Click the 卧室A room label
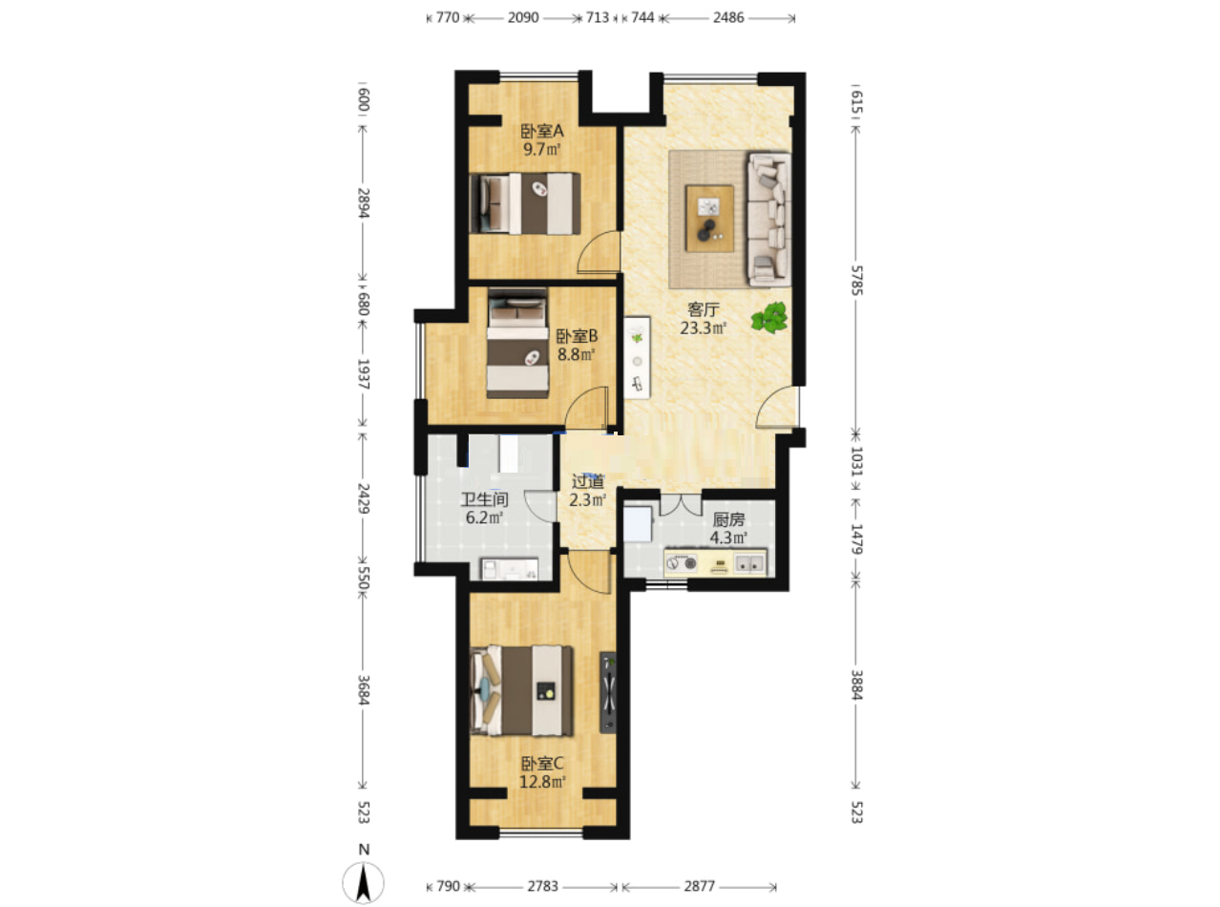point(542,132)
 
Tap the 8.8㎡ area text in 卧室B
point(576,354)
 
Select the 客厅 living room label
point(703,310)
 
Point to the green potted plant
point(769,318)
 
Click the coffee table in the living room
point(709,219)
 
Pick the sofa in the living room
point(769,220)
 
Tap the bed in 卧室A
point(525,203)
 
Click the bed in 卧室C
point(522,690)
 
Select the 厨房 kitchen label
point(728,519)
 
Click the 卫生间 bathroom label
point(484,499)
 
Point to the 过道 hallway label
point(587,481)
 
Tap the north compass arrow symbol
point(363,883)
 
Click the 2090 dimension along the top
point(523,17)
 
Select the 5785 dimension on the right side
point(857,280)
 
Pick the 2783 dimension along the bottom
point(542,886)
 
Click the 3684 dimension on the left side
point(364,689)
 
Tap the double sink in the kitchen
point(749,563)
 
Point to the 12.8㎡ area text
point(542,782)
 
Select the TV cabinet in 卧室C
point(608,692)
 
